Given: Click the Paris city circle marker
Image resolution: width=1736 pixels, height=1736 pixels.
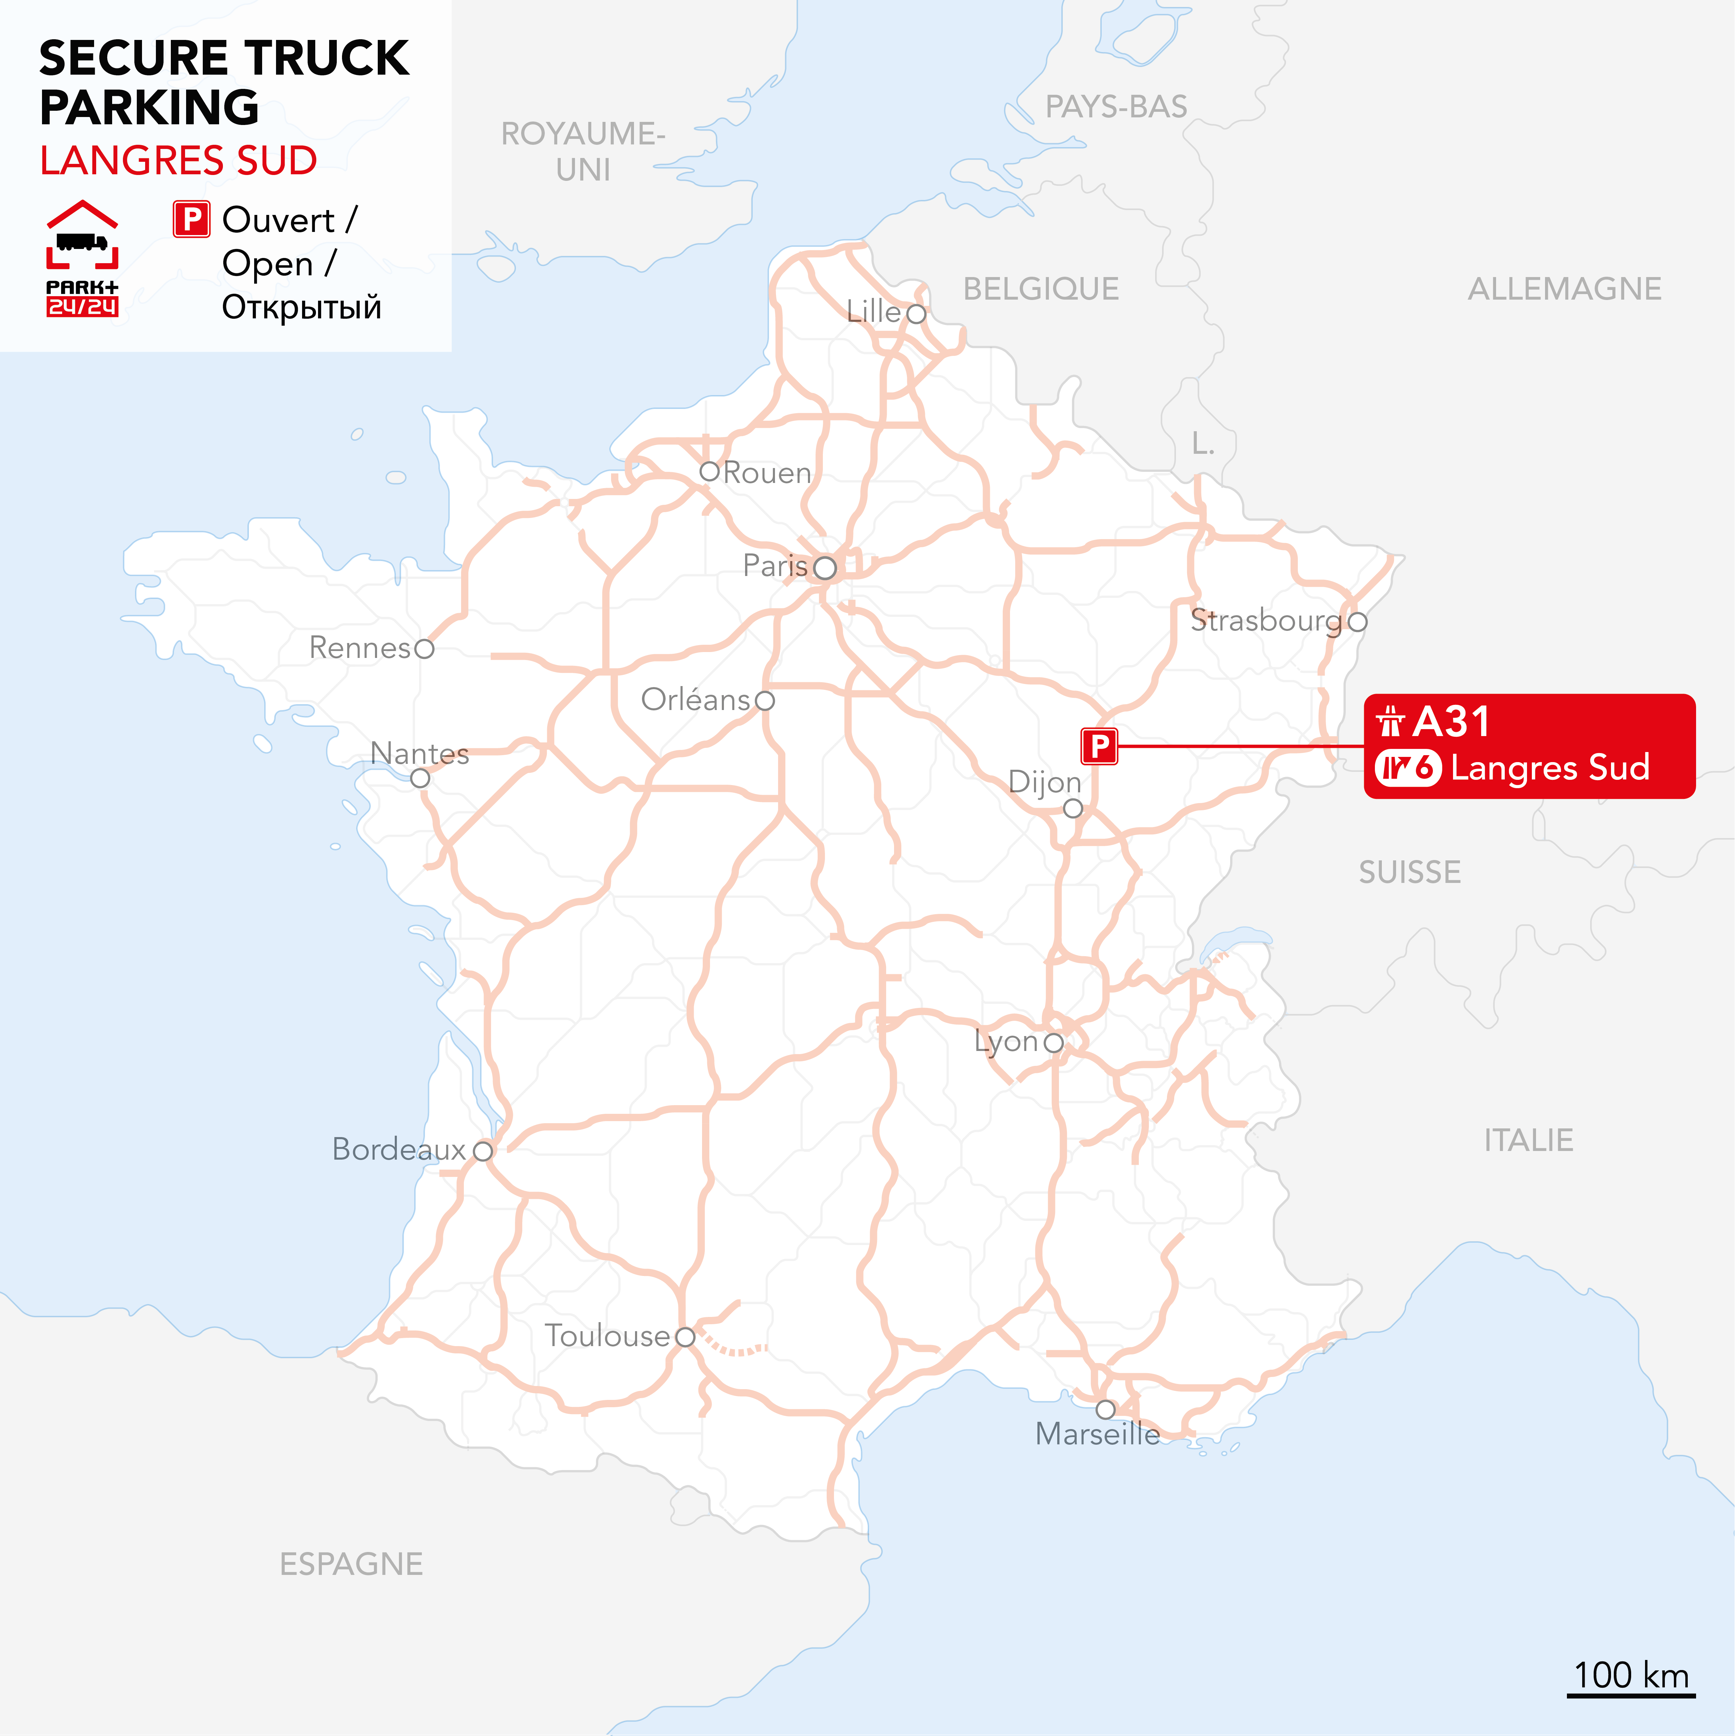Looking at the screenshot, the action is coord(825,568).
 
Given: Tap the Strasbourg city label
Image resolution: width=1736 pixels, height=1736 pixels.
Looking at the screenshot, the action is coord(1265,620).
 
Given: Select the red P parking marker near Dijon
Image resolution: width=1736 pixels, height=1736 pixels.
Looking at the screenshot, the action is coord(1099,746).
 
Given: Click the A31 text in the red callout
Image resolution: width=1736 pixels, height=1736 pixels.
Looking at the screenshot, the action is coord(1451,721).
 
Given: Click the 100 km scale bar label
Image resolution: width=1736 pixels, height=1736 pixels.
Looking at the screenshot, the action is coord(1631,1676).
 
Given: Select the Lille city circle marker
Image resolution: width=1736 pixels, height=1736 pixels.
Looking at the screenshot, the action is coord(916,314).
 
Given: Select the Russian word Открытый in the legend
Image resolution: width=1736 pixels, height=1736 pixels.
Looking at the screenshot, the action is coord(302,307).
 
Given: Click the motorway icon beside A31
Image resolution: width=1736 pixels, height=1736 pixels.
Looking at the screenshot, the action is coord(1390,721).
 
